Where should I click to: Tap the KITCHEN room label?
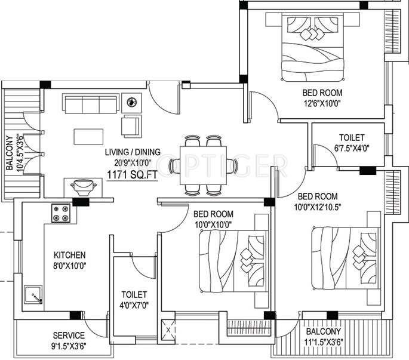pos(69,255)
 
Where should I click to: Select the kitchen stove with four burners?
pos(61,210)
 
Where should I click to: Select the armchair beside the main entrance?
pos(131,125)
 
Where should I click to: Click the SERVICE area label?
pos(68,335)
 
